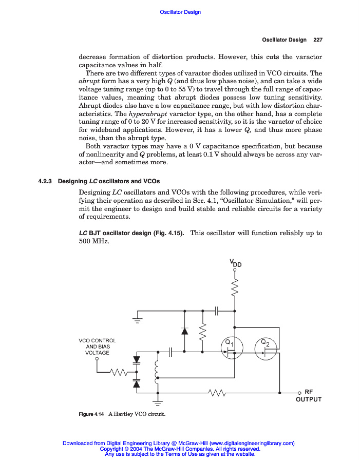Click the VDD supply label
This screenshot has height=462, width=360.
(236, 263)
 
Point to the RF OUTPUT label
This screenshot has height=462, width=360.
(309, 395)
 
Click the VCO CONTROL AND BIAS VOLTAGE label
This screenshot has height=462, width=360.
(97, 346)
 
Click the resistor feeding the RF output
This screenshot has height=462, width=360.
(217, 393)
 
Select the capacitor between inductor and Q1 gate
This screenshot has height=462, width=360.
(171, 352)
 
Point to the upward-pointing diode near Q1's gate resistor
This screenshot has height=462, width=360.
(184, 331)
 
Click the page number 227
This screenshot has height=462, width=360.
(317, 40)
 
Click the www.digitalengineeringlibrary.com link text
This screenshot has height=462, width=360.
(252, 443)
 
